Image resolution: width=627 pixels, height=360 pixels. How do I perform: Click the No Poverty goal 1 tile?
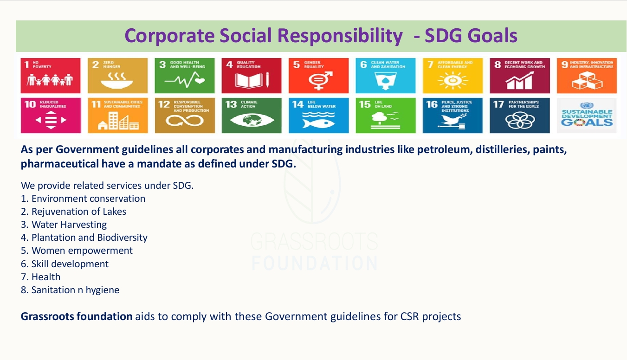(51, 75)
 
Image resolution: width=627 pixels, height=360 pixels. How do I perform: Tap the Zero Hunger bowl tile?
(117, 75)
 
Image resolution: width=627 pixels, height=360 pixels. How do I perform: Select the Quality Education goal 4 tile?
(252, 75)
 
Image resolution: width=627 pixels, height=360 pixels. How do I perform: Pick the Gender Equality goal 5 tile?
(318, 75)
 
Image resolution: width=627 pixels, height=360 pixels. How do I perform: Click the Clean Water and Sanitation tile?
(386, 75)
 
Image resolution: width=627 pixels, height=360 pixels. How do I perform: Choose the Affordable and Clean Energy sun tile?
(452, 75)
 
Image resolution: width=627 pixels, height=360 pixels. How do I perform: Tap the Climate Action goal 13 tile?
(252, 115)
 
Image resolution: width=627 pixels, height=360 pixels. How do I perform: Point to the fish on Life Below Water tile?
(318, 123)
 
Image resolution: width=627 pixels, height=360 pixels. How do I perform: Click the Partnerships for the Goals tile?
(520, 115)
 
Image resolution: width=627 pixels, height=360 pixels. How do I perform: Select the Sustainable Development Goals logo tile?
(587, 115)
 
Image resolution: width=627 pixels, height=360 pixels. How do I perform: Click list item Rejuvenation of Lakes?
(79, 212)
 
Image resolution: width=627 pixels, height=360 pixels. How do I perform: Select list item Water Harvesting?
(69, 225)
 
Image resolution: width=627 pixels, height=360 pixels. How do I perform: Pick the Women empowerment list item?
(82, 251)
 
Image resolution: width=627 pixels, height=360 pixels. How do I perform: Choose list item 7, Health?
(46, 277)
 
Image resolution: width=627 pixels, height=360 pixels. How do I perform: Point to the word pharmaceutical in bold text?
(59, 164)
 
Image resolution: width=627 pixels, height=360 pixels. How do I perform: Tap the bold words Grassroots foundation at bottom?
(77, 316)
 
